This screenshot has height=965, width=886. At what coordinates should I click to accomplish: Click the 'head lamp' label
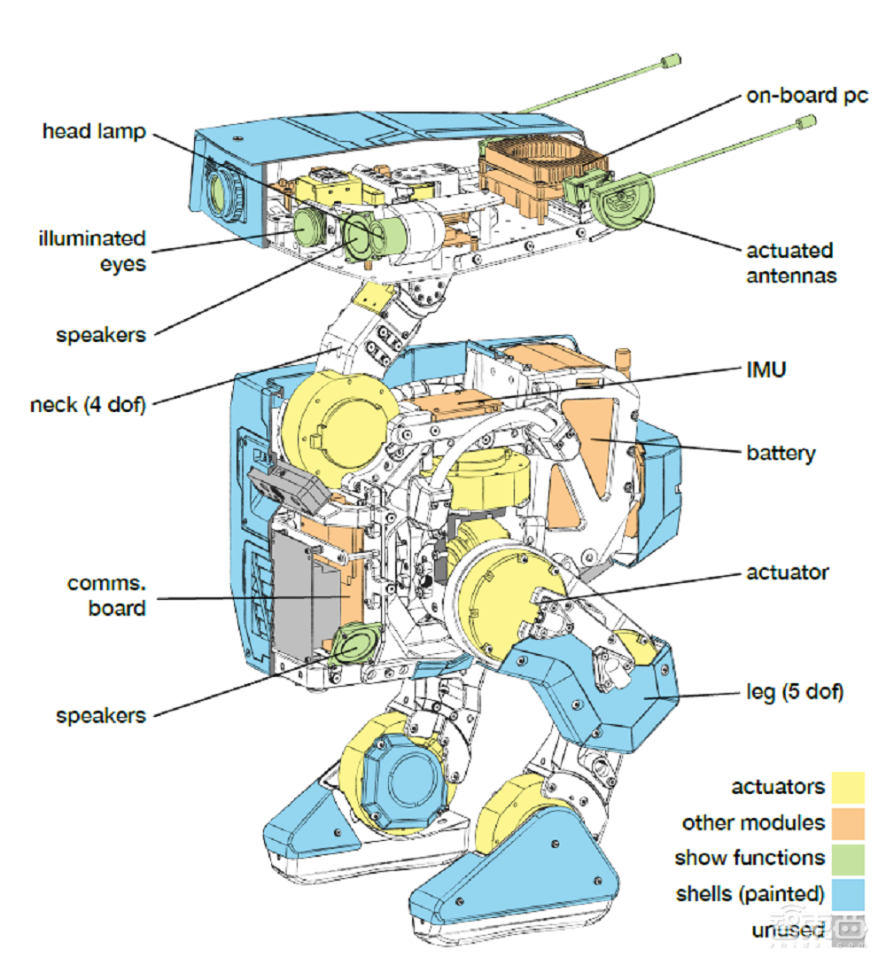click(x=93, y=132)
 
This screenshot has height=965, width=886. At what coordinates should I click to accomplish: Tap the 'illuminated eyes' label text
click(x=91, y=251)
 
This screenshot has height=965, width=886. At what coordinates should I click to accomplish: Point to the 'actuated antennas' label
click(x=790, y=262)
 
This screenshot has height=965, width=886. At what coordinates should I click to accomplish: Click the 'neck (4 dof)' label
click(x=88, y=405)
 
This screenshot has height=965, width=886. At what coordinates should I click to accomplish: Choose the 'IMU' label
click(x=765, y=370)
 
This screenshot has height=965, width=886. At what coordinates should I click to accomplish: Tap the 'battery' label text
click(x=781, y=453)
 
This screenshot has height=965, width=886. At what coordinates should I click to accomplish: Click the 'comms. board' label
click(x=106, y=596)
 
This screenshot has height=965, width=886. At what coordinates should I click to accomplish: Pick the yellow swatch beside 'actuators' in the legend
click(x=847, y=787)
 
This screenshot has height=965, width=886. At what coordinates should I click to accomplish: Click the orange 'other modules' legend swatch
click(x=847, y=822)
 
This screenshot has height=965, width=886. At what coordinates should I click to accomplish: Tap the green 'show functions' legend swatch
click(x=847, y=858)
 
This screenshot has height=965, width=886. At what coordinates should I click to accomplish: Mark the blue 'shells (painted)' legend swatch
click(x=847, y=893)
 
